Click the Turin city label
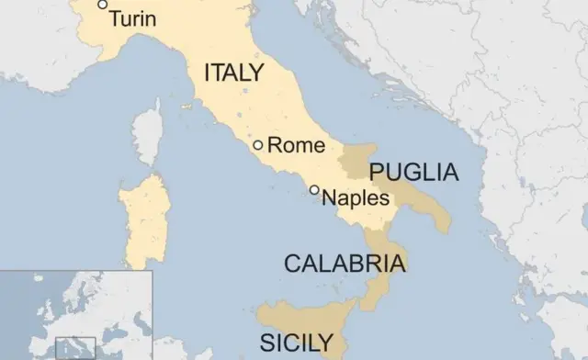pyautogui.click(x=132, y=18)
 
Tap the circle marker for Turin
pyautogui.click(x=103, y=6)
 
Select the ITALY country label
pyautogui.click(x=233, y=73)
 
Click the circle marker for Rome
pyautogui.click(x=258, y=144)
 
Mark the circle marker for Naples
pyautogui.click(x=314, y=190)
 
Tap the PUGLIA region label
pyautogui.click(x=413, y=172)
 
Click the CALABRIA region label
pyautogui.click(x=344, y=264)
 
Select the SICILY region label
pyautogui.click(x=296, y=343)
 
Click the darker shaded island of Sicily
pyautogui.click(x=303, y=321)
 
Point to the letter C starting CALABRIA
pyautogui.click(x=291, y=264)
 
